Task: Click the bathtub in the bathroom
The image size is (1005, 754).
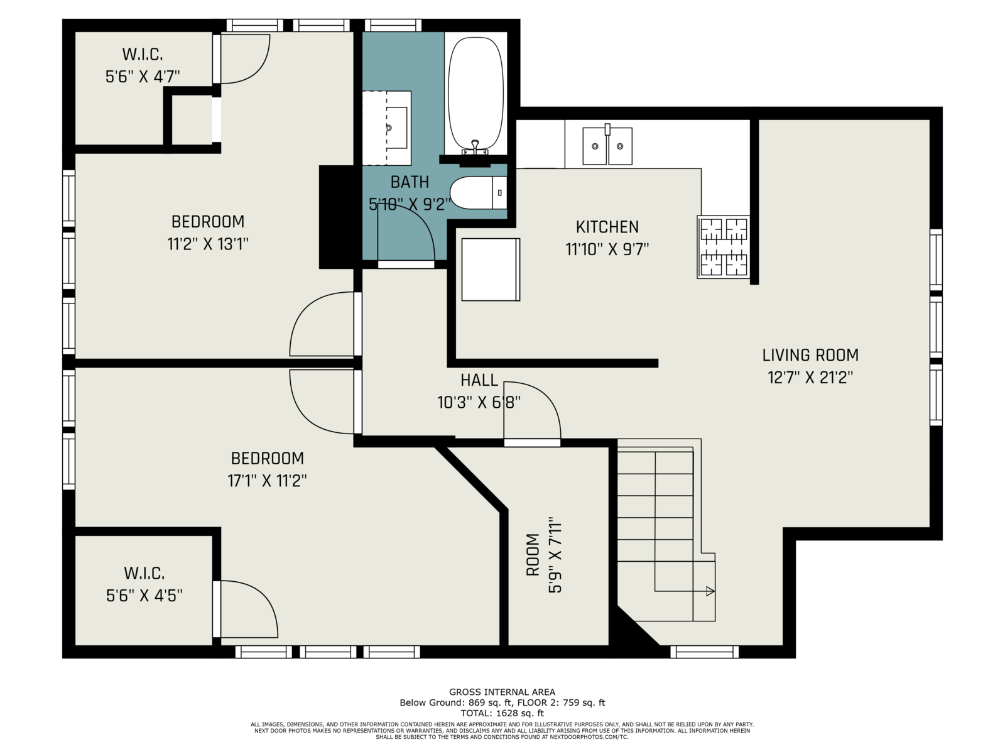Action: pos(476,94)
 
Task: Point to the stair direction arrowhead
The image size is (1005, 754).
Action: pos(710,591)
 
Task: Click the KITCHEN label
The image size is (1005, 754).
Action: pos(607,227)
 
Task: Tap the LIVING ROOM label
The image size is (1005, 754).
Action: pos(810,355)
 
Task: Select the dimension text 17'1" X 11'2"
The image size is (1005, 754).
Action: pos(267,481)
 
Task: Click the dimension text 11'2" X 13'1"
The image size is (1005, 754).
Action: pos(208,244)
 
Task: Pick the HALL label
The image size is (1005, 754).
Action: pos(479,380)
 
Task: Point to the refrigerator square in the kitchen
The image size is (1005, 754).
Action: pos(490,269)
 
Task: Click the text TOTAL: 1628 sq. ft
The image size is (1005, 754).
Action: pos(502,713)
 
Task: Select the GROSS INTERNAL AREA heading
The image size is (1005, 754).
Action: pos(502,692)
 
